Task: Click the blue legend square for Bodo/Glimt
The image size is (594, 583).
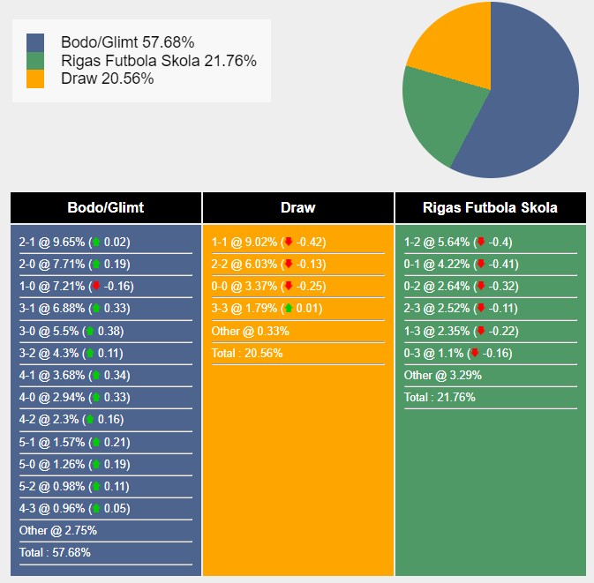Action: click(x=35, y=42)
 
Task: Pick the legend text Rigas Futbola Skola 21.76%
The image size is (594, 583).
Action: click(x=159, y=61)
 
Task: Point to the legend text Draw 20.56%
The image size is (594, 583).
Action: click(x=108, y=78)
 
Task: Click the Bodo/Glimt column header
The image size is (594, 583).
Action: click(x=106, y=208)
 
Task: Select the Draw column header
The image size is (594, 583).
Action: click(x=298, y=208)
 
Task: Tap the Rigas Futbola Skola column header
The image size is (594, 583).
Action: click(x=490, y=208)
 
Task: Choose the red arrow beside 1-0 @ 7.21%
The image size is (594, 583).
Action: click(x=96, y=287)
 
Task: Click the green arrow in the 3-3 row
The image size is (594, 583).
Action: click(x=288, y=309)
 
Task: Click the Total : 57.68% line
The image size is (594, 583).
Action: click(x=55, y=553)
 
